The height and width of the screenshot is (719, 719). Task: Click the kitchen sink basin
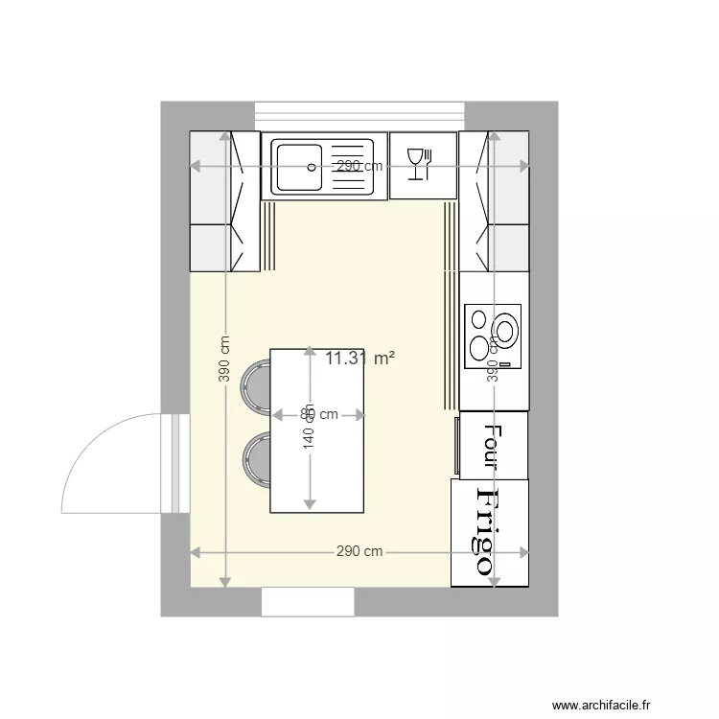coord(297,166)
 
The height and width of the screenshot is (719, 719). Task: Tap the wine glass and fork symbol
coord(420,164)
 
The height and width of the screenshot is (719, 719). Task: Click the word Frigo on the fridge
coord(489,532)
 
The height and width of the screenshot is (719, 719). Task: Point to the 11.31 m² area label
coord(360,359)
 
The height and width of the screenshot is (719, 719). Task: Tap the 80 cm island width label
coord(319,415)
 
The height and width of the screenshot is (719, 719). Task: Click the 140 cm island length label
coord(309,443)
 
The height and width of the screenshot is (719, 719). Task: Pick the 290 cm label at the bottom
coord(359,552)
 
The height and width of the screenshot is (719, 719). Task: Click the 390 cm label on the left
coord(224,359)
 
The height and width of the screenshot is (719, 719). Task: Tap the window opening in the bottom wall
coord(309,602)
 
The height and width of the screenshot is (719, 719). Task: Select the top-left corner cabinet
coord(224,201)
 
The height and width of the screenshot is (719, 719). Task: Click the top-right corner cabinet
coord(494,201)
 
